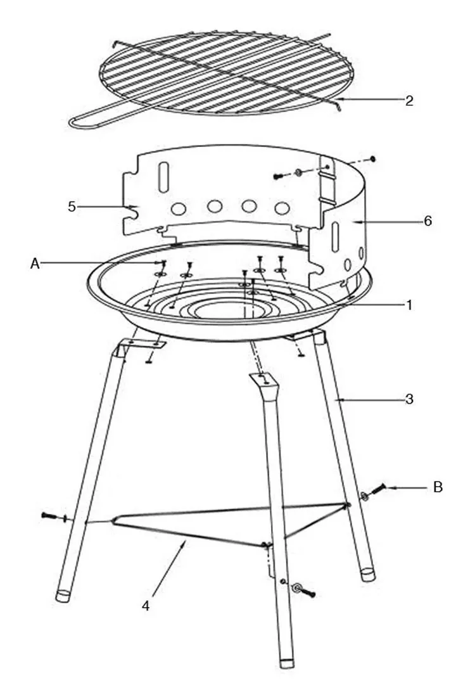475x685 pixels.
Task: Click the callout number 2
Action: [x=410, y=100]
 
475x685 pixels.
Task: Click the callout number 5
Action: [x=72, y=206]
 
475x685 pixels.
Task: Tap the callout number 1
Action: [x=410, y=305]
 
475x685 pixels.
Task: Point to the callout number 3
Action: [x=410, y=399]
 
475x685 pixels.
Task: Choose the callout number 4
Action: [x=146, y=605]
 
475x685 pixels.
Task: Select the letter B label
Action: [x=438, y=487]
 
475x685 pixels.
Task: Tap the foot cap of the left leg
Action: [x=63, y=596]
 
